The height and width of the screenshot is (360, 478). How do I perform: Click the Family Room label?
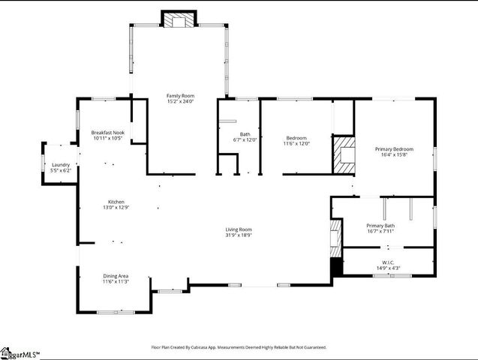[x=180, y=96]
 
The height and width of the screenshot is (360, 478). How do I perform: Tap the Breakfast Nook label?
[x=108, y=133]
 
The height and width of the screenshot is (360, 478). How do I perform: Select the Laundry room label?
[x=61, y=165]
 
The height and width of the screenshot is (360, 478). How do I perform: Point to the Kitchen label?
[x=116, y=202]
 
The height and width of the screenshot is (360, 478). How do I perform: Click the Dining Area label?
[x=116, y=276]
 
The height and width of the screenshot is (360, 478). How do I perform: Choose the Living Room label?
[x=239, y=229]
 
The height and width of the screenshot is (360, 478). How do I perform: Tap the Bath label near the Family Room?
[x=245, y=133]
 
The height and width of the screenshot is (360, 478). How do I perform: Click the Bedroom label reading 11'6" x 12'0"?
[x=296, y=138]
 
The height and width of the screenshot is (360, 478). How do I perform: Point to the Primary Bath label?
[x=380, y=226]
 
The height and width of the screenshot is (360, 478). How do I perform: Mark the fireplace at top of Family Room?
[x=179, y=21]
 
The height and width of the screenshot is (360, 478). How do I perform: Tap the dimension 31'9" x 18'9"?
[x=239, y=235]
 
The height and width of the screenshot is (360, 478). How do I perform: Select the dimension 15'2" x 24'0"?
[x=180, y=101]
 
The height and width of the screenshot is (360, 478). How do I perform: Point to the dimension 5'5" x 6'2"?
[x=61, y=170]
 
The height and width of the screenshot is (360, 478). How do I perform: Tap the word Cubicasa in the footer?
[x=206, y=347]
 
